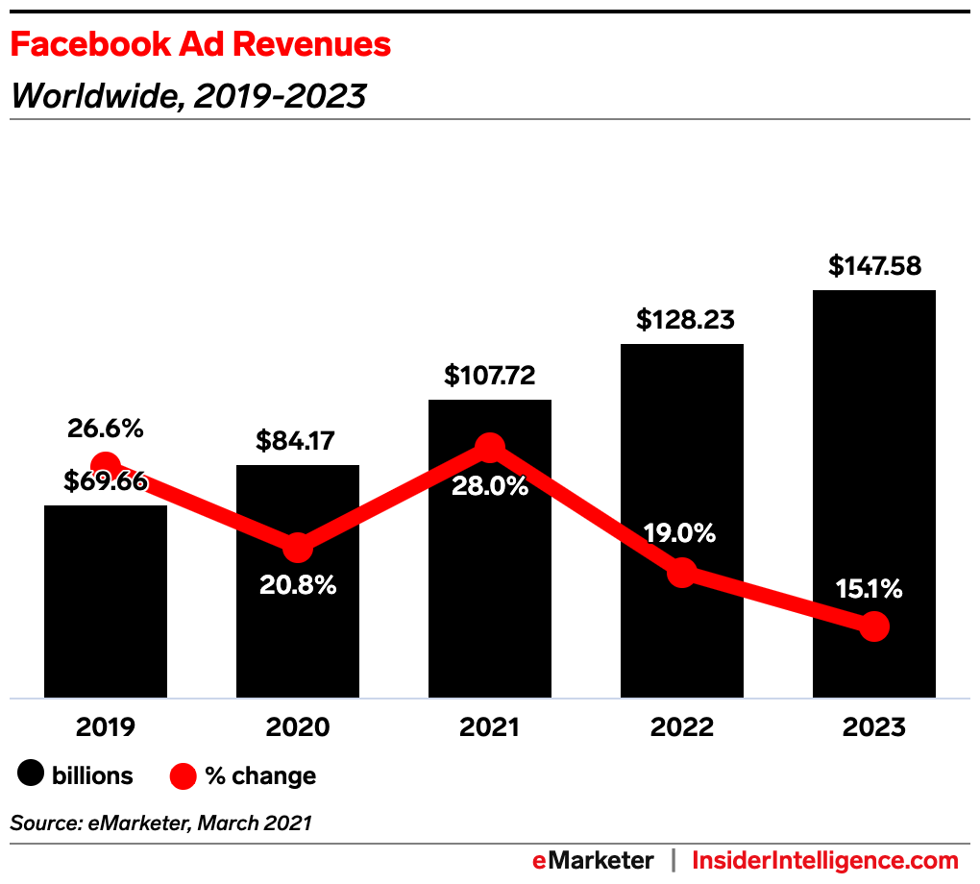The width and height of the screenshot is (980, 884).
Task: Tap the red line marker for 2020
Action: (298, 548)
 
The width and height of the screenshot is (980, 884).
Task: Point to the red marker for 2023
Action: (873, 626)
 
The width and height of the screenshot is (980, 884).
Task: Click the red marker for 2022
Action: (681, 573)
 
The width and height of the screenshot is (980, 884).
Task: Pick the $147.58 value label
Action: (874, 265)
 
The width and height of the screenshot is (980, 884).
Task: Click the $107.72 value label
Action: (490, 375)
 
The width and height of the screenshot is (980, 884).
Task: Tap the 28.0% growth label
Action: (490, 486)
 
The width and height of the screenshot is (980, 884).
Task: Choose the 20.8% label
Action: (298, 584)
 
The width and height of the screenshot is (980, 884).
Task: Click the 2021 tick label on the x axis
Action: (490, 727)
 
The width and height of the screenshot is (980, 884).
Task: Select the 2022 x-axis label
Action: (682, 727)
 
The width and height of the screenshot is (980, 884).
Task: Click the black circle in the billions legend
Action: (32, 775)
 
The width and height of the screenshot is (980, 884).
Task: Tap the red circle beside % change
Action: (184, 775)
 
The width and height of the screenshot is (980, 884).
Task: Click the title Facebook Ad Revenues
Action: (201, 44)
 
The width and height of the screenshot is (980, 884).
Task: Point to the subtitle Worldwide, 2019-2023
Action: (188, 96)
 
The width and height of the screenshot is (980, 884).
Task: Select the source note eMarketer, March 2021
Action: (161, 823)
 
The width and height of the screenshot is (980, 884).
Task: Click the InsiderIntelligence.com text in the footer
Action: (824, 860)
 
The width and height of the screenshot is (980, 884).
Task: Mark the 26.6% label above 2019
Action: (106, 429)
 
